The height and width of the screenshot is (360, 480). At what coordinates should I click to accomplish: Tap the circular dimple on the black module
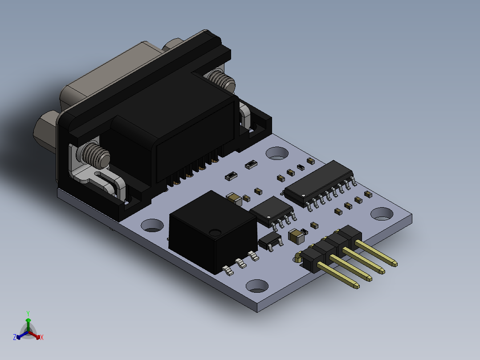pyautogui.click(x=216, y=232)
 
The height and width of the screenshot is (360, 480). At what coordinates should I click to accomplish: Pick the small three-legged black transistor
pyautogui.click(x=270, y=241)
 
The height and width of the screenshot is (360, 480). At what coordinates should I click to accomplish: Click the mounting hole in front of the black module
pyautogui.click(x=257, y=286)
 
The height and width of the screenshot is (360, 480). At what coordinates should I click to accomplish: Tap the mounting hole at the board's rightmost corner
pyautogui.click(x=382, y=214)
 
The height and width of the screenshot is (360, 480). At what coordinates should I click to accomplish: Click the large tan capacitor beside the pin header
pyautogui.click(x=296, y=236)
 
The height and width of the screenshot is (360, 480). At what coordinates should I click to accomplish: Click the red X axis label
pyautogui.click(x=42, y=338)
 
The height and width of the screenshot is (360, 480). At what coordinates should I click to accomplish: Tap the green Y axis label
pyautogui.click(x=28, y=313)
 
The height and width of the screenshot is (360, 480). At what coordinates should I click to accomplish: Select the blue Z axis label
pyautogui.click(x=15, y=338)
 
